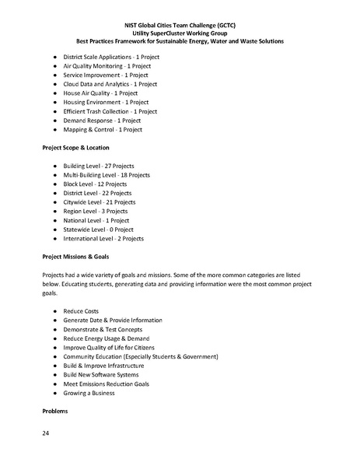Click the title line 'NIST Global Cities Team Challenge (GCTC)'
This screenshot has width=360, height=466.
(180, 25)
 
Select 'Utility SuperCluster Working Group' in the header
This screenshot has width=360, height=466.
(180, 33)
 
